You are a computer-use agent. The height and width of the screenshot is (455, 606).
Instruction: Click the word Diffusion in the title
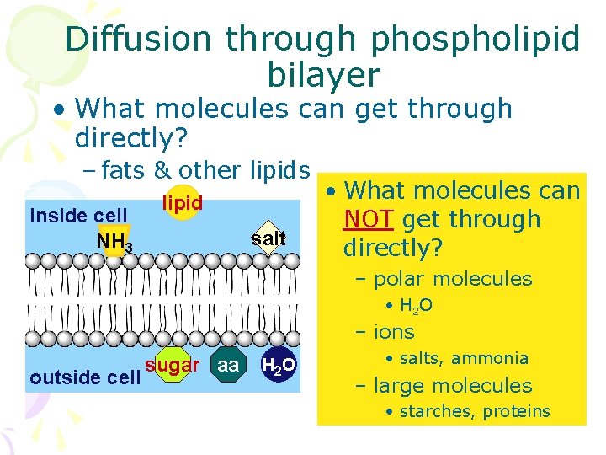pos(138,39)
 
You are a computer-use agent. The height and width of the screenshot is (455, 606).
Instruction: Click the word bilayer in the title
pos(323,75)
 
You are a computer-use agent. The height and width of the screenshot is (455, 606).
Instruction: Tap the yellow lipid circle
pos(182,203)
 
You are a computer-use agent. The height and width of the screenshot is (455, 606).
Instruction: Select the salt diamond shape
pos(268,238)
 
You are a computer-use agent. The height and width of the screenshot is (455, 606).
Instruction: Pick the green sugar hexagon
pos(171,366)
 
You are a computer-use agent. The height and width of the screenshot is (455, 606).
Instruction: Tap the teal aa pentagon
pos(227,365)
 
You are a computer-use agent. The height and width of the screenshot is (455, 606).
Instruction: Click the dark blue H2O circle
pos(278,365)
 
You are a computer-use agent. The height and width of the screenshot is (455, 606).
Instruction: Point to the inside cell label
pos(78,216)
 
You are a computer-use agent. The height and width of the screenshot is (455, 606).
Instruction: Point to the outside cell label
pos(84,377)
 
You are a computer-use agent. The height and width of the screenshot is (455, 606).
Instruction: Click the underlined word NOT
pos(369,219)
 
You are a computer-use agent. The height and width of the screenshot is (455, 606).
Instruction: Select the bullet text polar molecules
pos(453,278)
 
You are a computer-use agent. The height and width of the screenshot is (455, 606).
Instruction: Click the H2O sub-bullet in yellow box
pos(416,306)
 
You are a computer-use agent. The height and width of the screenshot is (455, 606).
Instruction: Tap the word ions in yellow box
pos(394,332)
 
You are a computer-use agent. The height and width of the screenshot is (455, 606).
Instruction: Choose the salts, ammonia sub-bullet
pos(463,358)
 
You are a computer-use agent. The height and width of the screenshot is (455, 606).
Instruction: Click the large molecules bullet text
pos(453,386)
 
